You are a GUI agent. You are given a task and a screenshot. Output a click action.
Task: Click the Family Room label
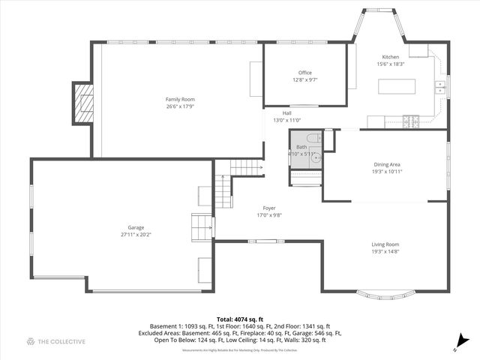click(180, 99)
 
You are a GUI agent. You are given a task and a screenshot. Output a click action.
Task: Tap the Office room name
click(304, 72)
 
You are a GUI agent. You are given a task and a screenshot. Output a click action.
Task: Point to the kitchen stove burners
click(410, 118)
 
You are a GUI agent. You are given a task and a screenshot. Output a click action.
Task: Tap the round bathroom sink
click(316, 157)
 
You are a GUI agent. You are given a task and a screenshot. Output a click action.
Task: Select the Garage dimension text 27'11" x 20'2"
click(136, 235)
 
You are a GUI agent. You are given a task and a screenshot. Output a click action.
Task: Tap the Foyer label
click(268, 208)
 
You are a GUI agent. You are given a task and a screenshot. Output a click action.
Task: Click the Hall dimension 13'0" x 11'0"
click(286, 120)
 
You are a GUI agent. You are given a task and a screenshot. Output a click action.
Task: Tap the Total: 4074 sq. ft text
click(240, 319)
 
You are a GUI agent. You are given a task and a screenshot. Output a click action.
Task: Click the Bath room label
click(301, 147)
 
